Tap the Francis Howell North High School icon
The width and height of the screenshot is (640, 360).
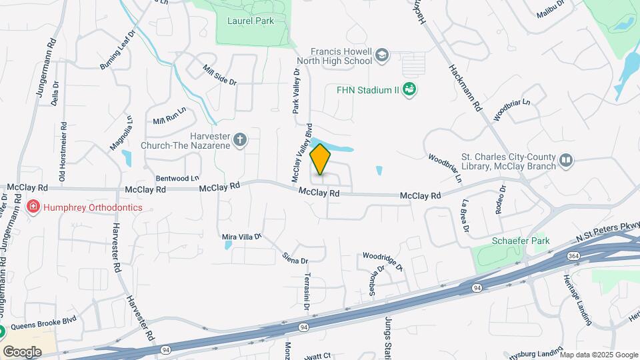tap(381, 55)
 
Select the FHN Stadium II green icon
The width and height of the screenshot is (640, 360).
tap(411, 89)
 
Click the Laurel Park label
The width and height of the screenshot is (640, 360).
tap(251, 21)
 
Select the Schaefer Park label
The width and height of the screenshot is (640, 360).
tap(515, 241)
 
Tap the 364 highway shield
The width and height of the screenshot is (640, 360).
tap(573, 255)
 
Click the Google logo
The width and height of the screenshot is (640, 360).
tap(22, 351)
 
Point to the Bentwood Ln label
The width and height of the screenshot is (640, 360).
tap(177, 179)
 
